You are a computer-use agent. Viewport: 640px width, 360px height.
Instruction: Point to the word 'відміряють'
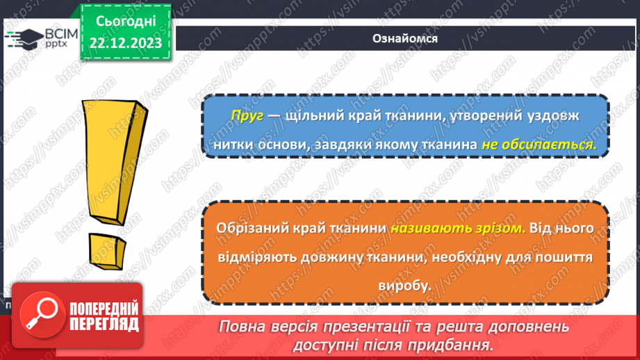(x=255, y=257)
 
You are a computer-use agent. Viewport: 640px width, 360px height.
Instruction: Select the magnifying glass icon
(x=38, y=316)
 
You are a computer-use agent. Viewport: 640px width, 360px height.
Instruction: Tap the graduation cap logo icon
(x=22, y=38)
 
